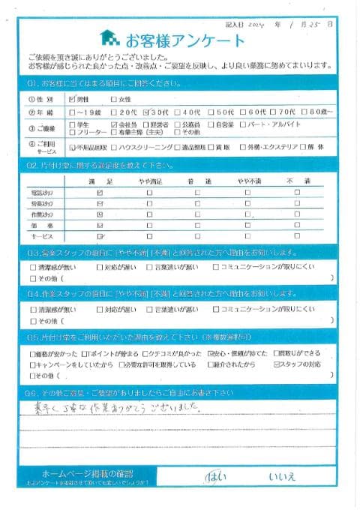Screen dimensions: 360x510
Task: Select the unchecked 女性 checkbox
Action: coord(114,98)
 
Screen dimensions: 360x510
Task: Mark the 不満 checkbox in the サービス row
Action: coord(297,236)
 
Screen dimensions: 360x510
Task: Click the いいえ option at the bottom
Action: coord(283,476)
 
